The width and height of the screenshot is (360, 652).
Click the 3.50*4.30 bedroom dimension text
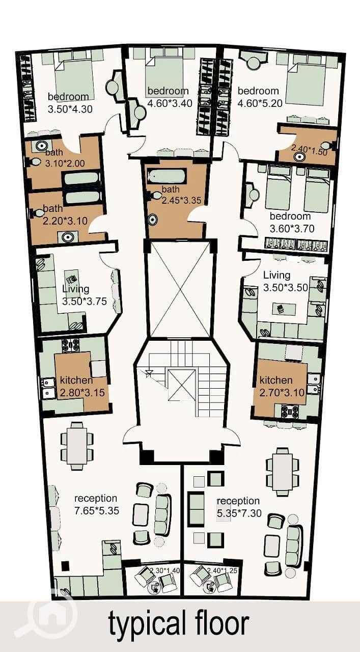pos(70,109)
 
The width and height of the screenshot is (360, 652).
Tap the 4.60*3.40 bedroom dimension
pos(170,103)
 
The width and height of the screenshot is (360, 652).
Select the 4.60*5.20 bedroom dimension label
pos(260,103)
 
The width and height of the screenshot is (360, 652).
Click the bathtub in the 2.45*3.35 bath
pos(167,176)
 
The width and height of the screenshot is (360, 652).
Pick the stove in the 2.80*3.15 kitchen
pos(70,345)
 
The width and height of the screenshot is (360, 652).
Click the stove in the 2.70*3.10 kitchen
pos(290,411)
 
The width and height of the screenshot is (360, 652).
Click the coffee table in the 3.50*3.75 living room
pos(71,280)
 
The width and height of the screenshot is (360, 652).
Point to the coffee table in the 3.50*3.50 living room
pos(284,309)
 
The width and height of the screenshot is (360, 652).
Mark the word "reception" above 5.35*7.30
pos(238,501)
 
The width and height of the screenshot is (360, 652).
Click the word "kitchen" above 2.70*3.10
pos(276,380)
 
